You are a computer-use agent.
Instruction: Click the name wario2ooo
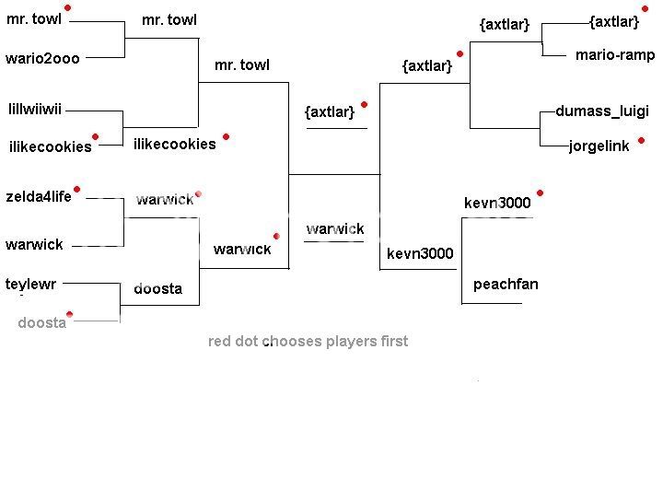[x=42, y=58]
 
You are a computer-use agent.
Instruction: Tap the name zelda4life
[x=38, y=196]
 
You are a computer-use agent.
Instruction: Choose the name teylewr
[x=31, y=284]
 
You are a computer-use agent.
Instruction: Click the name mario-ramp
[x=614, y=55]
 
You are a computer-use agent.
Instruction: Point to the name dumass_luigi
[x=602, y=111]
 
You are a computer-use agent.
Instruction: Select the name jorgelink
[x=599, y=146]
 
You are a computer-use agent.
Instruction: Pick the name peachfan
[x=506, y=285]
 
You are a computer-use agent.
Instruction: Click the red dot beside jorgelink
[x=641, y=141]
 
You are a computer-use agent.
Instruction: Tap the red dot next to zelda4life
[x=77, y=190]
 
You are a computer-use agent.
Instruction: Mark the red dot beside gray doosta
[x=69, y=316]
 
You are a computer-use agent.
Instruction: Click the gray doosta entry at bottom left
[x=41, y=323]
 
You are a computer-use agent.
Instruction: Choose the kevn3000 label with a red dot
[x=497, y=203]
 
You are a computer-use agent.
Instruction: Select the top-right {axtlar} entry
[x=613, y=22]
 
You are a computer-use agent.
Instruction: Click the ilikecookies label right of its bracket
[x=174, y=144]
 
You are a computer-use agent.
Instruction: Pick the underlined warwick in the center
[x=334, y=228]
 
